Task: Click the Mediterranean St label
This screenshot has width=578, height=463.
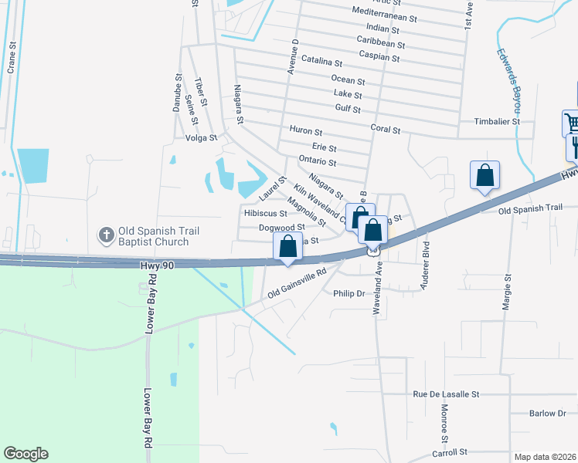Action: click(x=384, y=14)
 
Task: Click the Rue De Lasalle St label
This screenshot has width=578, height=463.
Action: click(x=446, y=394)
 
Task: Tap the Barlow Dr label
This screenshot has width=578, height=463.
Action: click(x=548, y=414)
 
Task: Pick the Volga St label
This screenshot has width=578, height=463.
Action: click(x=200, y=139)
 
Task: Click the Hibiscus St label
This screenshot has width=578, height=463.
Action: click(x=265, y=213)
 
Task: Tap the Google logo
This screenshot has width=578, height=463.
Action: click(x=25, y=454)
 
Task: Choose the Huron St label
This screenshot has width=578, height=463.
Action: click(x=305, y=130)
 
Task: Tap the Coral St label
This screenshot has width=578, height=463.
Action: click(x=385, y=130)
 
